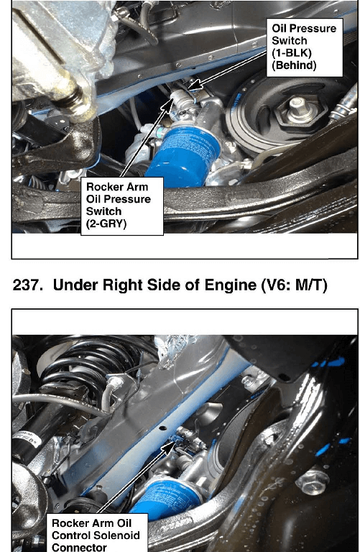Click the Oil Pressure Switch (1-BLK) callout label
pyautogui.click(x=305, y=47)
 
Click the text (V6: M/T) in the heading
pyautogui.click(x=295, y=285)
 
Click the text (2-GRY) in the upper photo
pyautogui.click(x=106, y=224)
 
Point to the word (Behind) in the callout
pyautogui.click(x=294, y=65)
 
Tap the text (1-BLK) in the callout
pyautogui.click(x=292, y=52)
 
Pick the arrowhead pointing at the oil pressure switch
pyautogui.click(x=193, y=85)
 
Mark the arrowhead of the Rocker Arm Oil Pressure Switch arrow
pyautogui.click(x=168, y=105)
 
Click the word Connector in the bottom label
pyautogui.click(x=79, y=548)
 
